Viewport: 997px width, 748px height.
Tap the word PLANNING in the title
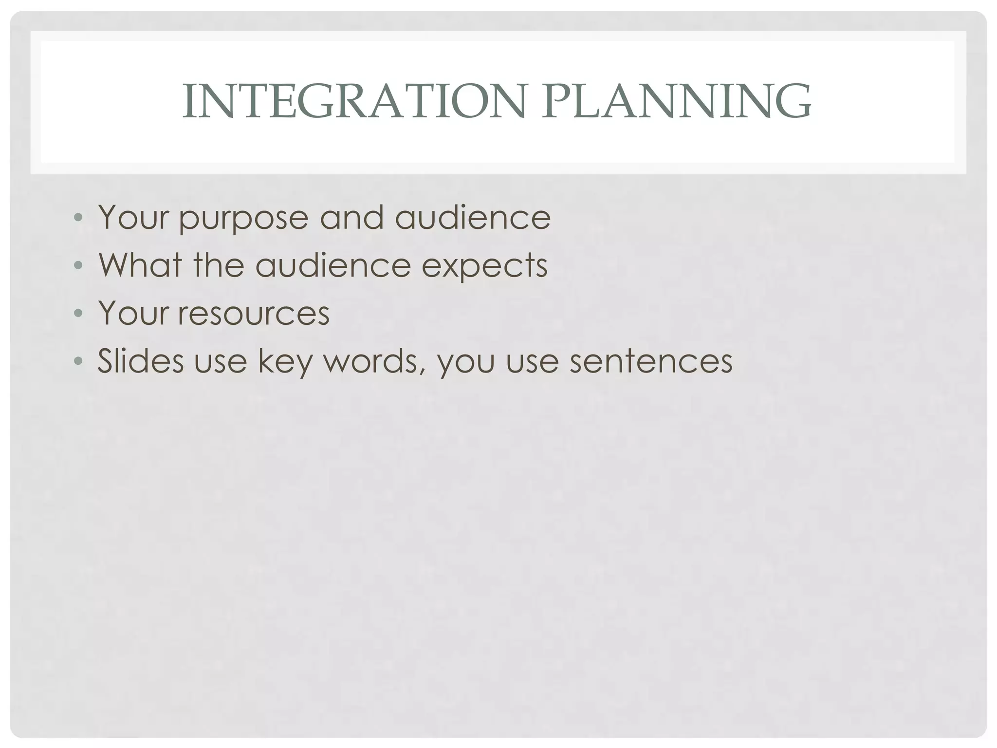tap(677, 101)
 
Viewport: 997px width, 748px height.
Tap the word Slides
tap(141, 361)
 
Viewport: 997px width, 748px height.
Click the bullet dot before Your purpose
tap(78, 218)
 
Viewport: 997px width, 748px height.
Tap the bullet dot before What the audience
tap(78, 265)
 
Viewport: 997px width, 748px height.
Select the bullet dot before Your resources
tap(78, 313)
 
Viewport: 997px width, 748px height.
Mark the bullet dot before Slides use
tap(78, 361)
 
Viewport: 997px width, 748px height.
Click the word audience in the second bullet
tap(333, 265)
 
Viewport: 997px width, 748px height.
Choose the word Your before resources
tap(134, 313)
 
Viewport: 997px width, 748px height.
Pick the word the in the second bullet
tap(219, 265)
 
